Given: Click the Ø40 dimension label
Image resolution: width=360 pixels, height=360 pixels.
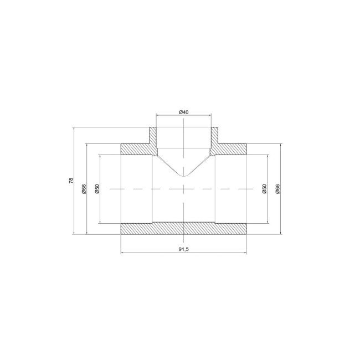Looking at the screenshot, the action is tap(183, 112).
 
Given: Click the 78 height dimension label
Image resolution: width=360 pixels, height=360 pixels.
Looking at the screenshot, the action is tap(71, 181).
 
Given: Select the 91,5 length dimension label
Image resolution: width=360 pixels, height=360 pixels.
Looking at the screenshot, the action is tap(184, 249).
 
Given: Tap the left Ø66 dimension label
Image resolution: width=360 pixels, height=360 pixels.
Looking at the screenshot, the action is tap(84, 189).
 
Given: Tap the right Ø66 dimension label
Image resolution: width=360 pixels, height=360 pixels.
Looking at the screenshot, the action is tap(277, 189).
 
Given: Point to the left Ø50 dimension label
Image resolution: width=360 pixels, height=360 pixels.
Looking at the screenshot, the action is tap(97, 189).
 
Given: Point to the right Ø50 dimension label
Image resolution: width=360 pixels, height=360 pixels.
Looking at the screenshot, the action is tap(265, 189).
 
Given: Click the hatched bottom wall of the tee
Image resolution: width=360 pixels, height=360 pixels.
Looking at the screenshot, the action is tap(184, 228).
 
